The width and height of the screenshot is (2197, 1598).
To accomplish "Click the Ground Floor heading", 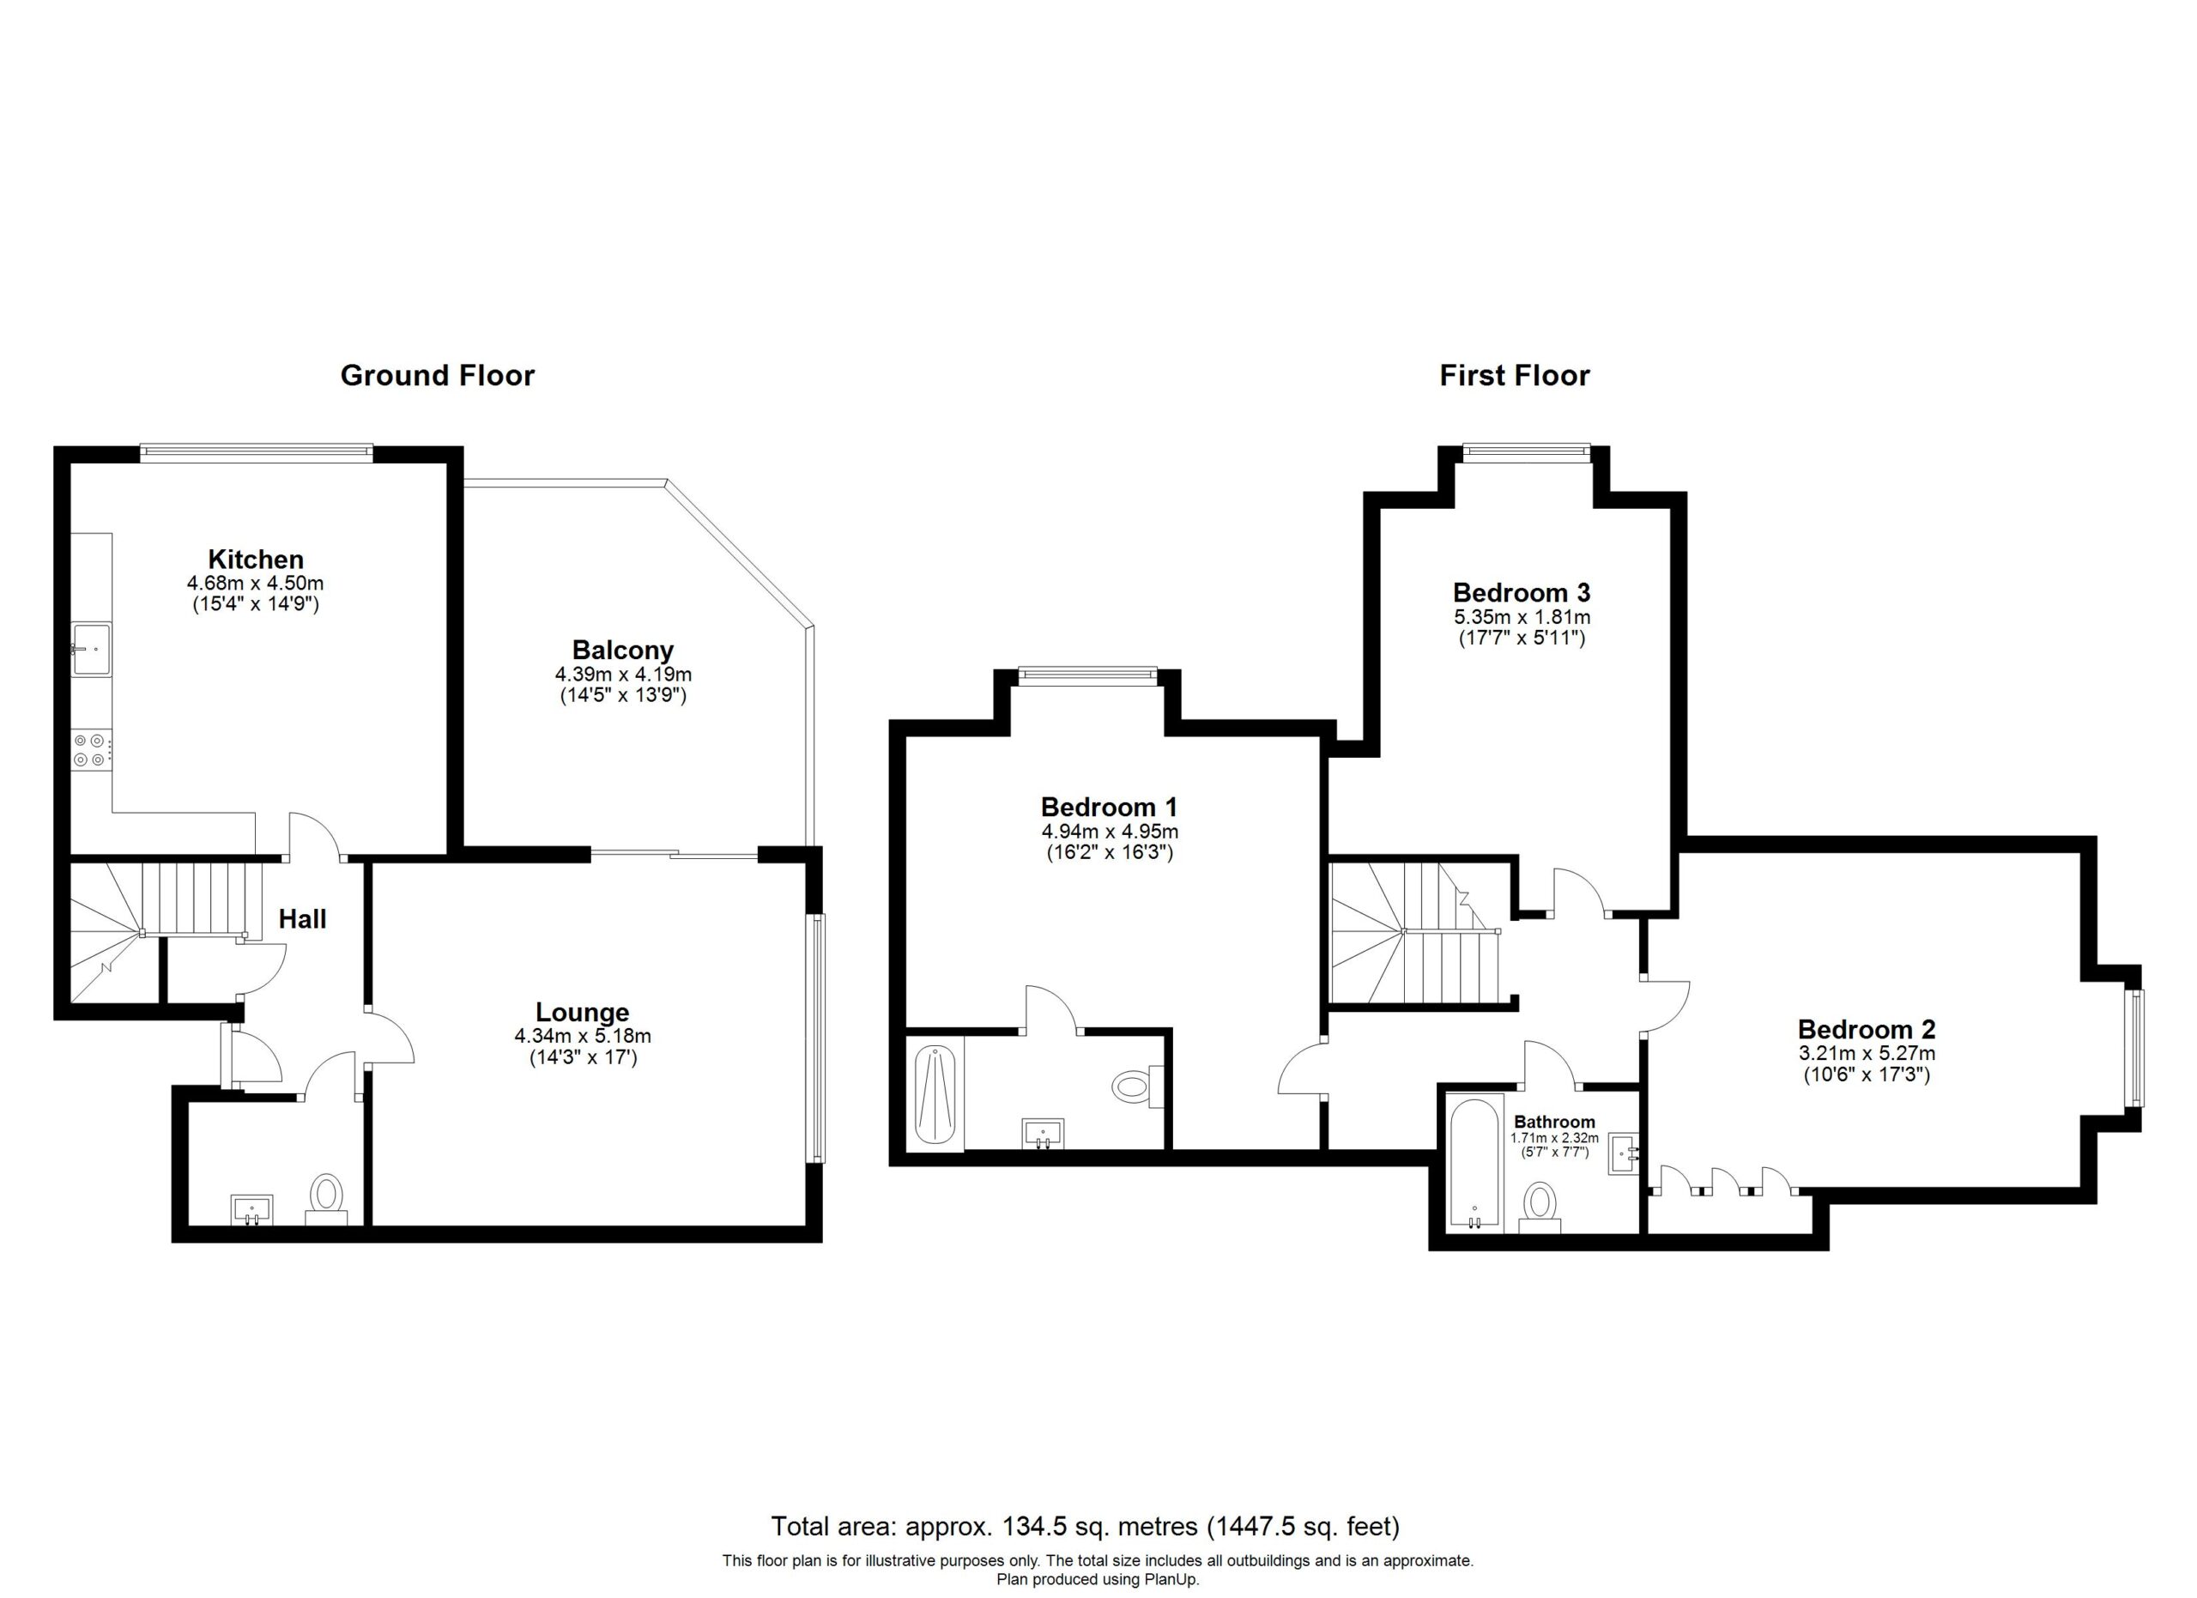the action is click(437, 376).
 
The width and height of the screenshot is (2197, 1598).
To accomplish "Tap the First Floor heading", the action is click(1514, 376).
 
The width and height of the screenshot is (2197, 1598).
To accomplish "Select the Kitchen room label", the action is click(256, 559).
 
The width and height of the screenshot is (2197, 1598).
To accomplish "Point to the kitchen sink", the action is click(91, 649).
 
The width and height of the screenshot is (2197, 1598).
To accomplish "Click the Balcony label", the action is click(623, 650).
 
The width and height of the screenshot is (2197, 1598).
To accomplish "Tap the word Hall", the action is click(302, 919).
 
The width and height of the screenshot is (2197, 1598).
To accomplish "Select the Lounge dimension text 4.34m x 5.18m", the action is click(584, 1036).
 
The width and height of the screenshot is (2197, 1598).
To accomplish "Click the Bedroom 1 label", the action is click(1109, 807).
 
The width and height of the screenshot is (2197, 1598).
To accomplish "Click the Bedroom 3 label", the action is click(1522, 592).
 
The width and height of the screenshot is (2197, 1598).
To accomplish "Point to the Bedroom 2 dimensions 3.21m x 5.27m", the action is click(1866, 1054).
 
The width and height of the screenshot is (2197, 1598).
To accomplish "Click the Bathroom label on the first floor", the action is click(1555, 1122).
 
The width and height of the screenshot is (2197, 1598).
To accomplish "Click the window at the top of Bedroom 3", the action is click(1526, 448).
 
